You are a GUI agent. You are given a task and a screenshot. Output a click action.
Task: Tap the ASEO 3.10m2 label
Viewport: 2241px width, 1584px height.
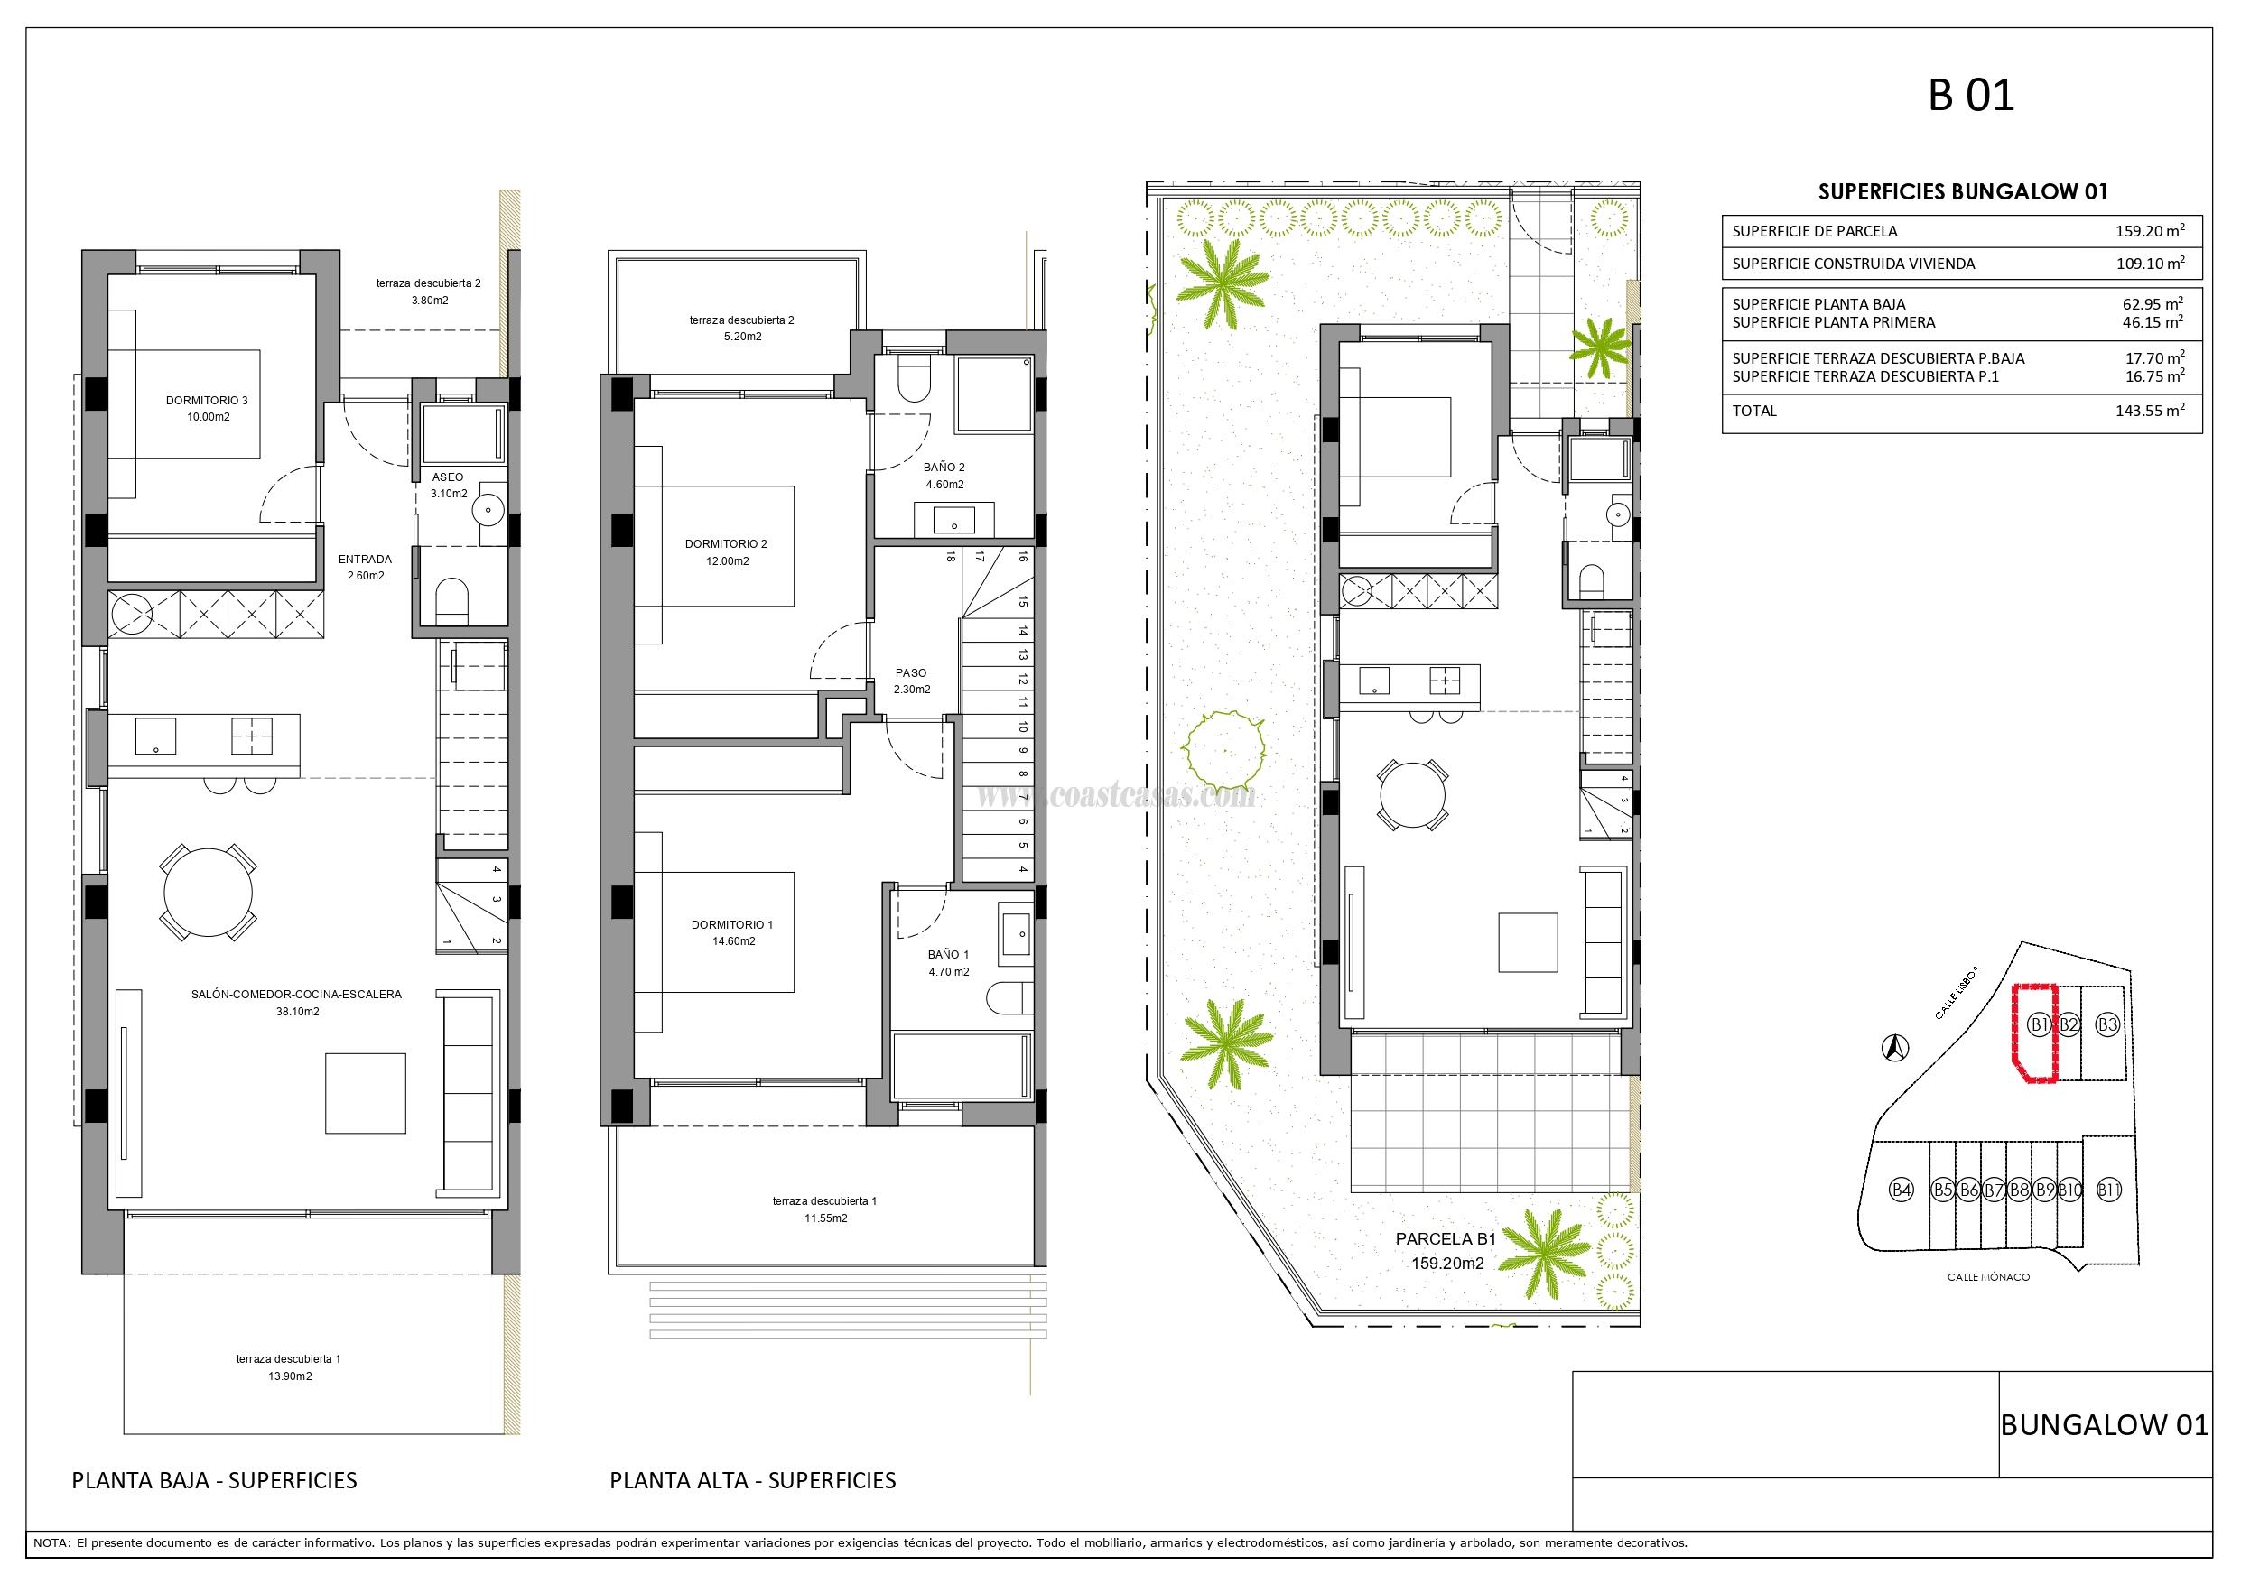(x=448, y=485)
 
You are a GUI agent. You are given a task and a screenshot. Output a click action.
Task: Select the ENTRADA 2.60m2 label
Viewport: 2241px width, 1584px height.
(x=365, y=567)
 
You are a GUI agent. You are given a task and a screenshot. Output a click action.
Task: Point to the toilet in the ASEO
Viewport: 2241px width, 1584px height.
(x=452, y=599)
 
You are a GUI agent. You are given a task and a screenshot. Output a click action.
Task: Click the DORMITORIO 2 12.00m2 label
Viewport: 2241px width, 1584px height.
(x=725, y=552)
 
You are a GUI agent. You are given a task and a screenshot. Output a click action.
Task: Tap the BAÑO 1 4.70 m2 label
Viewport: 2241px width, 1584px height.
(x=949, y=963)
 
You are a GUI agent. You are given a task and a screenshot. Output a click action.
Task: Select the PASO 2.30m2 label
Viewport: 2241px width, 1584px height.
(x=912, y=681)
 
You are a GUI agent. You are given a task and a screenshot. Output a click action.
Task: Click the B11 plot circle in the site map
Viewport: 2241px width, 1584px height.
(x=2109, y=1190)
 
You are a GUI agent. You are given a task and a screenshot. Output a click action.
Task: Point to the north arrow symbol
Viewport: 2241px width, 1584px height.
(x=1894, y=1047)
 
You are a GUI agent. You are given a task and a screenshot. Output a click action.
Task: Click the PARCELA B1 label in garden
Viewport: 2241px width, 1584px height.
(x=1446, y=1239)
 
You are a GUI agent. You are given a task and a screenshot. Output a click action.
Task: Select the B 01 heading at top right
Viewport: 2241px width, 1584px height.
(x=1971, y=96)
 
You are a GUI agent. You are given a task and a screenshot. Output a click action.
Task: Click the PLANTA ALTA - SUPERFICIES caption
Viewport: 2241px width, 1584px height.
(x=752, y=1480)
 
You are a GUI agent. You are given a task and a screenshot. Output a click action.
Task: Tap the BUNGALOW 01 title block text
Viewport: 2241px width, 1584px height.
(x=2105, y=1425)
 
